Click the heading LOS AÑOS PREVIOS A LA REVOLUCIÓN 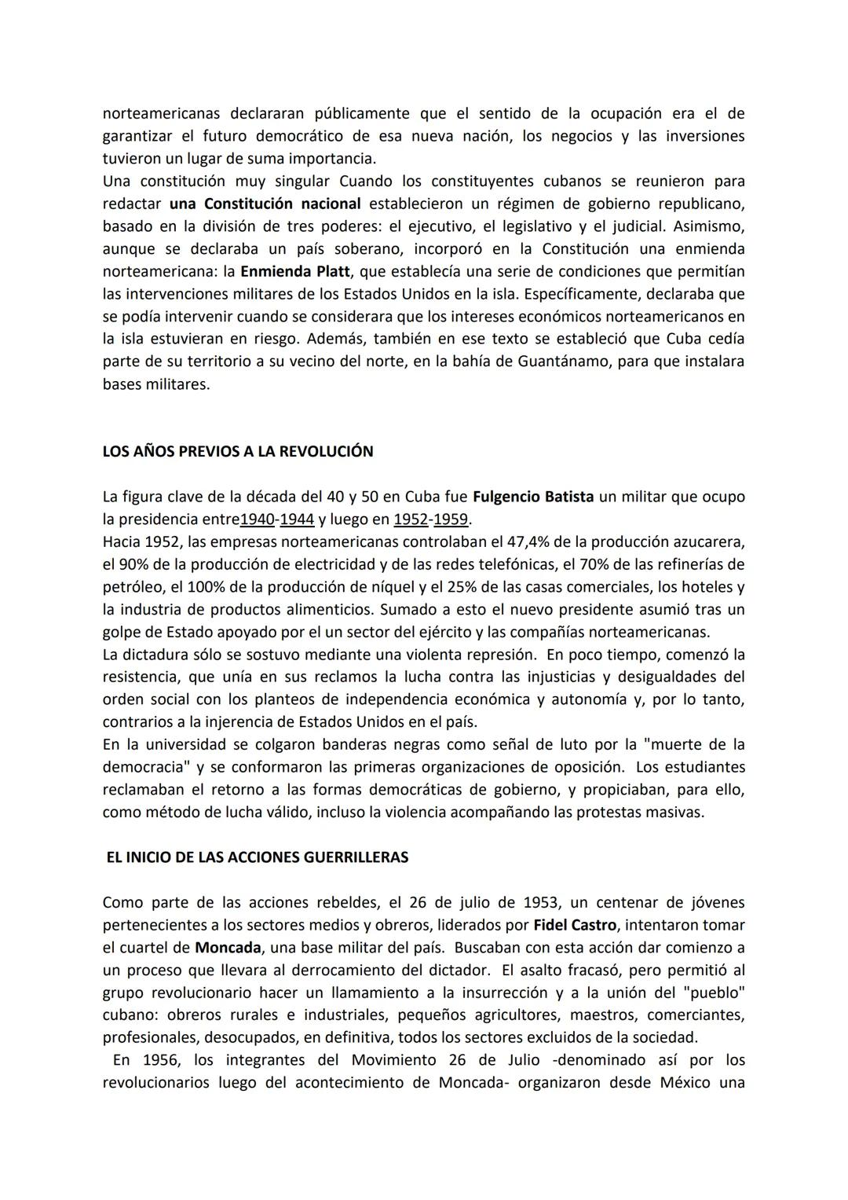point(238,452)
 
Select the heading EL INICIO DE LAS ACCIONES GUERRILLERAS point(258,857)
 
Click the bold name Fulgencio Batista point(533,497)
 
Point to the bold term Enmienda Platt point(295,272)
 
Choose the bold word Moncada point(228,948)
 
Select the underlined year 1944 point(297,519)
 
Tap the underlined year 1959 point(451,519)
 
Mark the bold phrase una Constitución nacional point(265,204)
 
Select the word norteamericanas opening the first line point(161,114)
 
